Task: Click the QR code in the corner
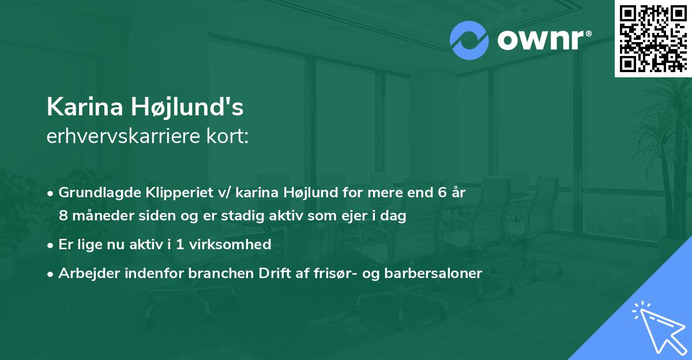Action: tap(653, 38)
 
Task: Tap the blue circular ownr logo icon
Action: tap(469, 40)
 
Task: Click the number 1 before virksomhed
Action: tap(179, 245)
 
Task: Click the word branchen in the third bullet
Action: tap(204, 273)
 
